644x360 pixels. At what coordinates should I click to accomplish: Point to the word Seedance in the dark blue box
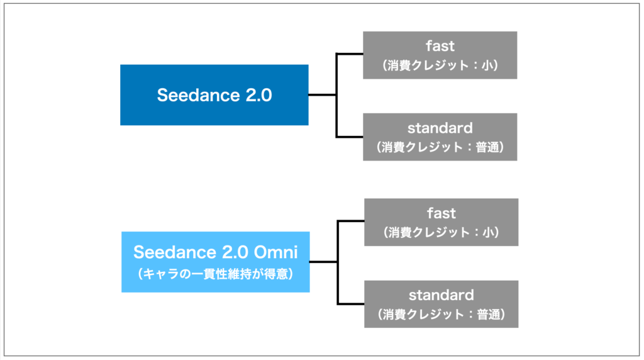(x=194, y=95)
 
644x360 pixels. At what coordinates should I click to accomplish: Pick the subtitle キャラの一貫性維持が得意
(x=215, y=274)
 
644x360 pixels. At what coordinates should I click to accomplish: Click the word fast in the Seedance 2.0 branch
(x=440, y=46)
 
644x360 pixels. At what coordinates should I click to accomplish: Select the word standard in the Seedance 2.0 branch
(x=440, y=128)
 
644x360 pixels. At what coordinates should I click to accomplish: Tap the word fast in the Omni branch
(x=441, y=213)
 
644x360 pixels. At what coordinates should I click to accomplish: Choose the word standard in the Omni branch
(x=441, y=295)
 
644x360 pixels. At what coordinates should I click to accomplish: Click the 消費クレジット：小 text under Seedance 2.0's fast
(x=440, y=65)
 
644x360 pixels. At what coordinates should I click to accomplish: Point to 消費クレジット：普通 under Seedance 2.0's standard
(x=440, y=148)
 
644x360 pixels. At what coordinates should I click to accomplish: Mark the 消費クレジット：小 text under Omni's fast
(x=441, y=232)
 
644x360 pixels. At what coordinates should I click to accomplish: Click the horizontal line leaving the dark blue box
(x=322, y=95)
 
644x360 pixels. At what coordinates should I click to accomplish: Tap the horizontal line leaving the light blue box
(x=323, y=262)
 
